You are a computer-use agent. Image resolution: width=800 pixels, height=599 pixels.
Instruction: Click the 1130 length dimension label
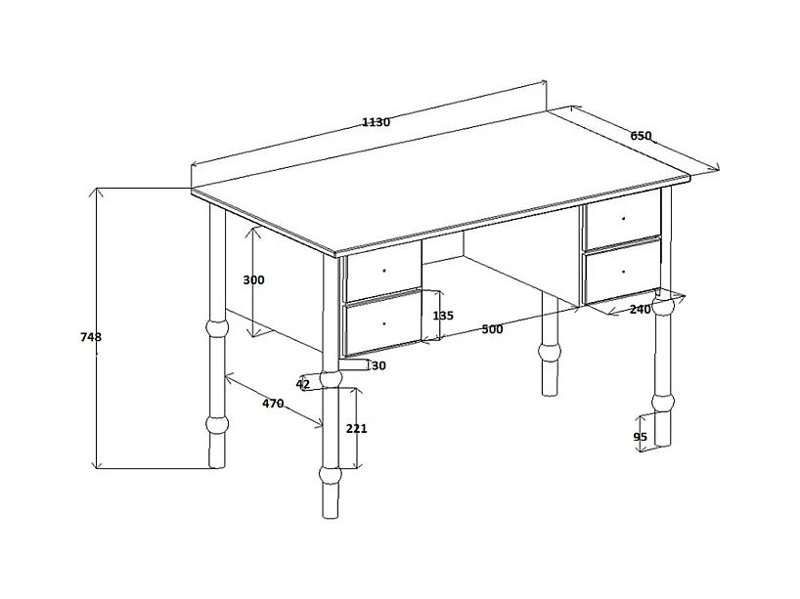coord(376,122)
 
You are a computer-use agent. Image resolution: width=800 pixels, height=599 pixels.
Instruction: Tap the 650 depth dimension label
coord(641,136)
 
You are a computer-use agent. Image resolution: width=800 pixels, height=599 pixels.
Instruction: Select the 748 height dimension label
coord(91,337)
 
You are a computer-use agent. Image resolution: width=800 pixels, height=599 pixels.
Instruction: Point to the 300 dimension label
coord(253,279)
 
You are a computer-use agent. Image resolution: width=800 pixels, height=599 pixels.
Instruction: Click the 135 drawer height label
coord(442,316)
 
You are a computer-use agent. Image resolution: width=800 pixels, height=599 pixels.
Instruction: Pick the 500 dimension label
coord(492,329)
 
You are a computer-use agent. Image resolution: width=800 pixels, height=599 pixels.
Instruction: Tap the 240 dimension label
coord(640,310)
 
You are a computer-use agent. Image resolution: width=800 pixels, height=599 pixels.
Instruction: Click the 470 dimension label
coord(273,404)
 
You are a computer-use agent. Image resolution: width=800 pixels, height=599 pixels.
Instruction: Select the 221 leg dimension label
coord(356,428)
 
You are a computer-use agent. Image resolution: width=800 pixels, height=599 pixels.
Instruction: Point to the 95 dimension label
coord(641,437)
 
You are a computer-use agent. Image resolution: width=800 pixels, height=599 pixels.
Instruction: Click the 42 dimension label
coord(302,384)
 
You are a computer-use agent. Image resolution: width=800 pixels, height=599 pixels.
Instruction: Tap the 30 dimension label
coord(378,365)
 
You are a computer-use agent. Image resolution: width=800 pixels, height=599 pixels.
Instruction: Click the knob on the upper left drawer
coord(384,270)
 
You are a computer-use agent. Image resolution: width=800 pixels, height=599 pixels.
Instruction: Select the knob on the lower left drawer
coord(384,322)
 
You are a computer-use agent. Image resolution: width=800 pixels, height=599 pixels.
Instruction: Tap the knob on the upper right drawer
coord(623,219)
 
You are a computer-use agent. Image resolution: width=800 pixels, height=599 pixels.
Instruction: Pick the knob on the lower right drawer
coord(623,269)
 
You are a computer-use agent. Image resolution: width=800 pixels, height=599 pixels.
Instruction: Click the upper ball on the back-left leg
coord(214,328)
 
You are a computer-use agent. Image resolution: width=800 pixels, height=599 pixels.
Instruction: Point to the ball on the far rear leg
coord(551,349)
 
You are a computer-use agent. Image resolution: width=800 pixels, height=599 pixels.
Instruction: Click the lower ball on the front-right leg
coord(663,402)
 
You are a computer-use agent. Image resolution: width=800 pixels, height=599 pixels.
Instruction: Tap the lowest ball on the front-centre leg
coord(331,476)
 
